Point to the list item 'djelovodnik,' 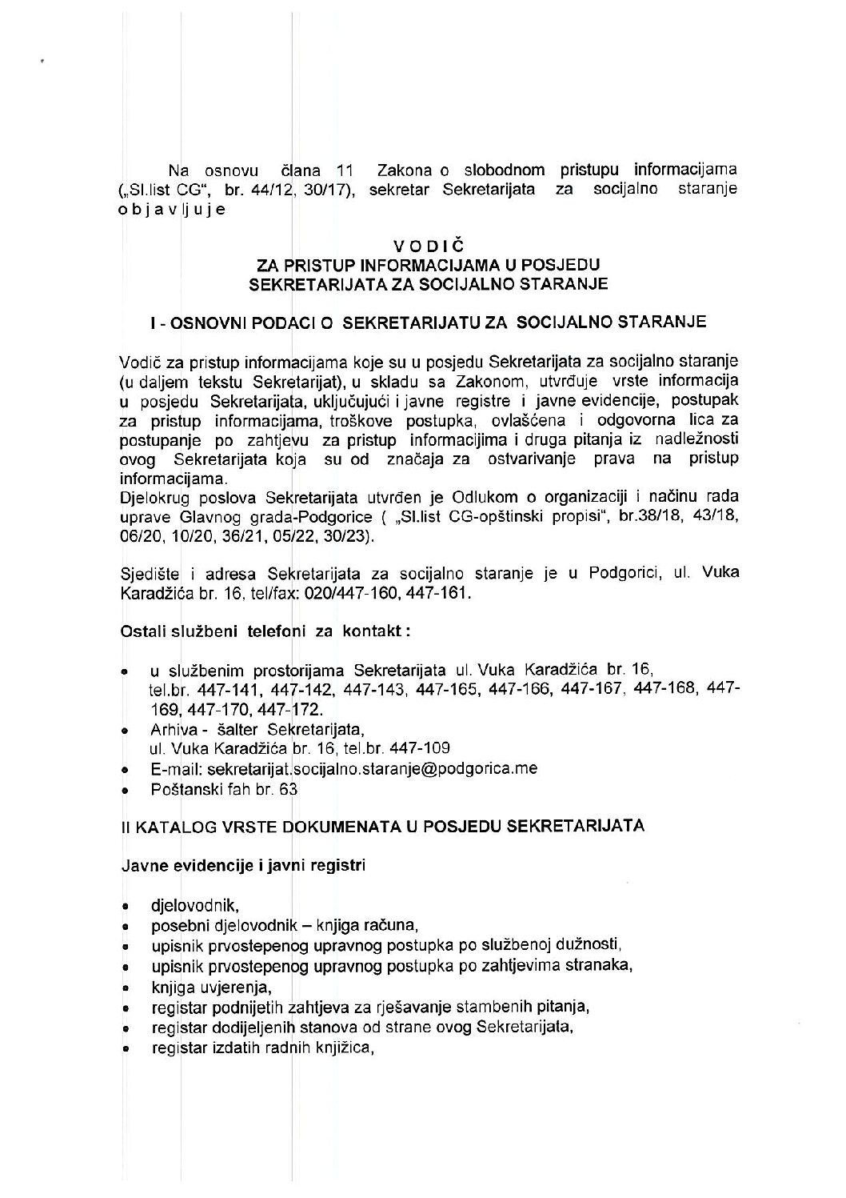(x=195, y=905)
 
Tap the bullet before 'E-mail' (x=126, y=769)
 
